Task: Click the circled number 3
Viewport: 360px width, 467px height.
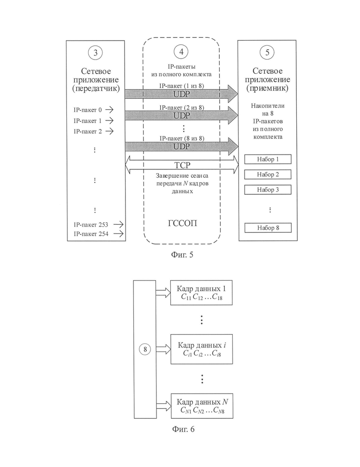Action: tap(95, 53)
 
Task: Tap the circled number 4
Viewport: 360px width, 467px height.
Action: tap(181, 52)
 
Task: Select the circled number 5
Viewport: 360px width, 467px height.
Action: tap(267, 53)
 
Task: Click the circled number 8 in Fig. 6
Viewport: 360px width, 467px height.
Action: tap(145, 349)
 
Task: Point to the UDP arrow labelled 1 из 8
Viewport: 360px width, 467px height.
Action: tap(181, 94)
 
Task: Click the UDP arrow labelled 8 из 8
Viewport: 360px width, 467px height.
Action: tap(181, 146)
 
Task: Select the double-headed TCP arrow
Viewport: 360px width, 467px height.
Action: tap(182, 165)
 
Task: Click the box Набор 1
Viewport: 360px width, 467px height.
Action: tap(268, 159)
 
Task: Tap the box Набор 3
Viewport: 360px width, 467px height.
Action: tap(268, 190)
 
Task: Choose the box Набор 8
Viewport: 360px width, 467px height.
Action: tap(268, 228)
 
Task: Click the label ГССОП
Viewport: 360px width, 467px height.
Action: tap(182, 223)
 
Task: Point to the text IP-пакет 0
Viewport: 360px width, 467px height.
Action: tap(88, 110)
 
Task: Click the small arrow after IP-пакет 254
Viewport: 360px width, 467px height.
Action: tap(119, 234)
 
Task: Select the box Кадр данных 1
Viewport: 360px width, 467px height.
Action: tap(201, 293)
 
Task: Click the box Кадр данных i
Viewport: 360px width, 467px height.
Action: tap(202, 349)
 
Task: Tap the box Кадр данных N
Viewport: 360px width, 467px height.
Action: tap(202, 406)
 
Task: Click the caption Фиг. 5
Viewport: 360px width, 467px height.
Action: tap(182, 255)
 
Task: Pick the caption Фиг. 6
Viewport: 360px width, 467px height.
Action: tap(183, 429)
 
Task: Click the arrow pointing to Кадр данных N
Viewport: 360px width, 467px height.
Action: tap(163, 406)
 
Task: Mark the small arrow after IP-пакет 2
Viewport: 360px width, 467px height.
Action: tap(109, 131)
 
